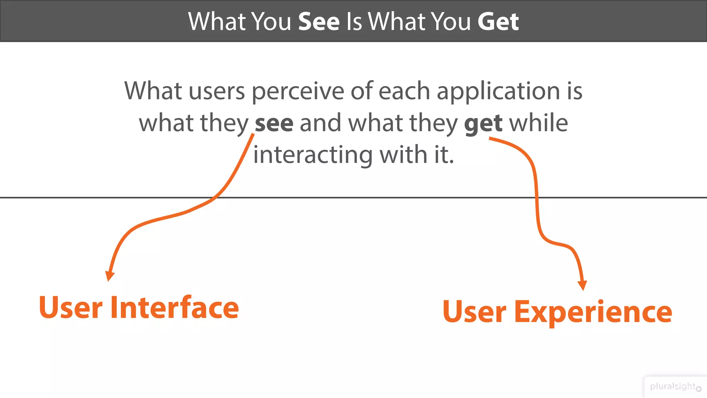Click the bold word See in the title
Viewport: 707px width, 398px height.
(319, 21)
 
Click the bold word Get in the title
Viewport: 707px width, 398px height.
(498, 21)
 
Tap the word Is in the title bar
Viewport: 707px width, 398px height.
(354, 21)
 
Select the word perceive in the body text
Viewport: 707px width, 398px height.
(298, 92)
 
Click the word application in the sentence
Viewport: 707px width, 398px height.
(498, 92)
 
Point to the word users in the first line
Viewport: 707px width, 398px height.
(216, 92)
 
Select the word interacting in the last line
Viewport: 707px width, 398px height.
(313, 155)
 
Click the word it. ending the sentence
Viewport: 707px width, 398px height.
(444, 155)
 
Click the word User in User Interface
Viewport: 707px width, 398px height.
(71, 307)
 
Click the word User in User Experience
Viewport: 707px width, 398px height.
(474, 312)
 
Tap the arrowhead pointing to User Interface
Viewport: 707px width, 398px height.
(109, 276)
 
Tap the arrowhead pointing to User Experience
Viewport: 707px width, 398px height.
(582, 285)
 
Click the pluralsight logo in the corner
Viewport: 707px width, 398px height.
(675, 387)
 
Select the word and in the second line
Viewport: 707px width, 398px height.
(320, 123)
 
